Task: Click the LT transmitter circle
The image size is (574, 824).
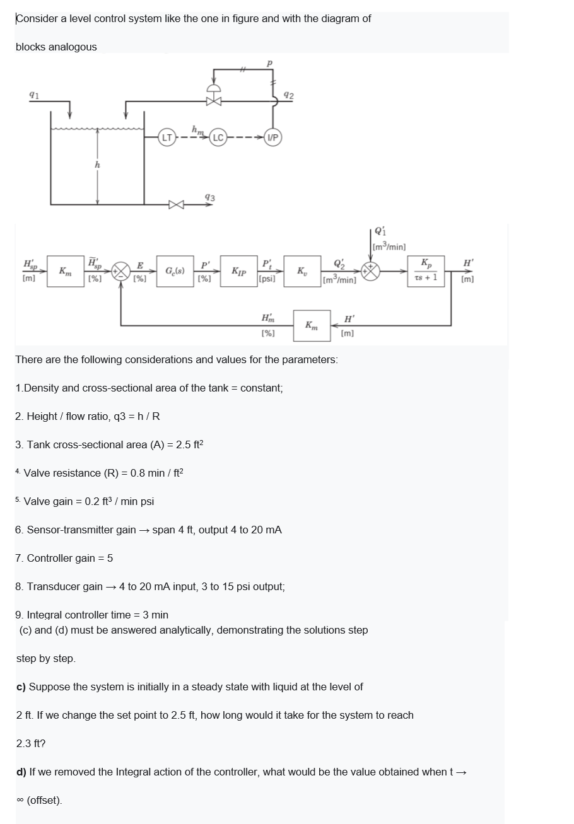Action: (167, 137)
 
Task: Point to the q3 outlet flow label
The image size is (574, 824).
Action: (210, 198)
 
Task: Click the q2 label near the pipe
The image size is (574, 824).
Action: (288, 95)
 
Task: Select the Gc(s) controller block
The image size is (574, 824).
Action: (175, 272)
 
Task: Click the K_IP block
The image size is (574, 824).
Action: (238, 272)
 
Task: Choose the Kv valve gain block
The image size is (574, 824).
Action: (302, 272)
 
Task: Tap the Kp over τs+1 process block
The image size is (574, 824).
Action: (427, 271)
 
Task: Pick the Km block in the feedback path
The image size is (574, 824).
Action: (311, 325)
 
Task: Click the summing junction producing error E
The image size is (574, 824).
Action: (120, 272)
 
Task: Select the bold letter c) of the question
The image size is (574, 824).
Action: (21, 687)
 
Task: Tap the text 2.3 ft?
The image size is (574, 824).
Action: (30, 743)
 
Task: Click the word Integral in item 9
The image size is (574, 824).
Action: (46, 615)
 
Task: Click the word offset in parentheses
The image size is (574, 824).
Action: (44, 800)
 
